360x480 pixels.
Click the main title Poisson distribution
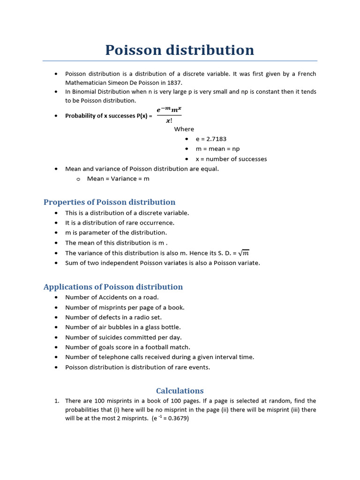point(180,50)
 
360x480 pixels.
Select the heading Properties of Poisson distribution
point(109,202)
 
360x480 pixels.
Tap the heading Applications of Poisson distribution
point(113,287)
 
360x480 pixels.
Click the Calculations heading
point(180,390)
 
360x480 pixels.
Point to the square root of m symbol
point(244,253)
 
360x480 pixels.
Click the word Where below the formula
point(184,129)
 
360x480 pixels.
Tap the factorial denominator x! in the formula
point(169,121)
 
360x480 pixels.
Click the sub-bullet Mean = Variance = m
point(118,179)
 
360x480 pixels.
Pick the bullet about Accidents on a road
point(112,297)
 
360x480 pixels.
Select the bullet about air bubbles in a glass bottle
point(123,327)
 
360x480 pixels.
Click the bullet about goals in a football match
point(127,347)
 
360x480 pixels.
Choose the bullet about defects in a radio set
point(113,317)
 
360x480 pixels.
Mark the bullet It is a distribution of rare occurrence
point(120,223)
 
